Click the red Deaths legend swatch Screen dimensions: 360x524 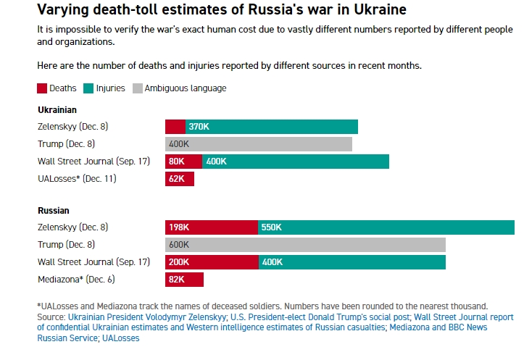click(x=42, y=88)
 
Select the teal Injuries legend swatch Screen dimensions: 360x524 click(x=88, y=88)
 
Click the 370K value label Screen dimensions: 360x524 click(x=199, y=127)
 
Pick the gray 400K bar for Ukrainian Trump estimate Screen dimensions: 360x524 click(x=259, y=144)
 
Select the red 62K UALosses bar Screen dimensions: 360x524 click(x=180, y=179)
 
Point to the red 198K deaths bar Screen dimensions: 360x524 click(x=212, y=227)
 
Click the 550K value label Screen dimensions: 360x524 click(x=271, y=227)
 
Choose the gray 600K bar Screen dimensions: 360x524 click(x=305, y=245)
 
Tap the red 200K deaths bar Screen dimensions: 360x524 click(x=212, y=262)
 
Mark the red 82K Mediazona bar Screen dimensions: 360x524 click(x=184, y=280)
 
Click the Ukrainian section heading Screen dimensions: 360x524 click(x=57, y=109)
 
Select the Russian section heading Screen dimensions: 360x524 click(x=54, y=211)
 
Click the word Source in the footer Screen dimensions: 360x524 click(x=50, y=317)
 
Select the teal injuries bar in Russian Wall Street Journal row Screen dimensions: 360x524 click(x=352, y=262)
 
